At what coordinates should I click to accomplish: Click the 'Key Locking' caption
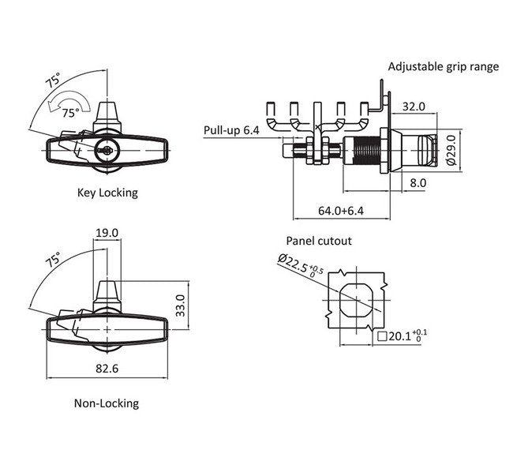pyautogui.click(x=107, y=193)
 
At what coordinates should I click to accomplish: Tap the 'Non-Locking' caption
pyautogui.click(x=107, y=403)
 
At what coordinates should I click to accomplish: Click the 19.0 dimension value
pyautogui.click(x=107, y=233)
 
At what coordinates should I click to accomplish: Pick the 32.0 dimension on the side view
pyautogui.click(x=414, y=106)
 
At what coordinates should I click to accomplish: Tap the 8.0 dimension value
pyautogui.click(x=418, y=183)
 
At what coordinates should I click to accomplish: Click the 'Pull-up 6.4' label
pyautogui.click(x=230, y=129)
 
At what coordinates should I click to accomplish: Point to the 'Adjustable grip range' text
pyautogui.click(x=444, y=66)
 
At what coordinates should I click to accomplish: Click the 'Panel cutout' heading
pyautogui.click(x=319, y=242)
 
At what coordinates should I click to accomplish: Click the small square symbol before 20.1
pyautogui.click(x=383, y=337)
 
